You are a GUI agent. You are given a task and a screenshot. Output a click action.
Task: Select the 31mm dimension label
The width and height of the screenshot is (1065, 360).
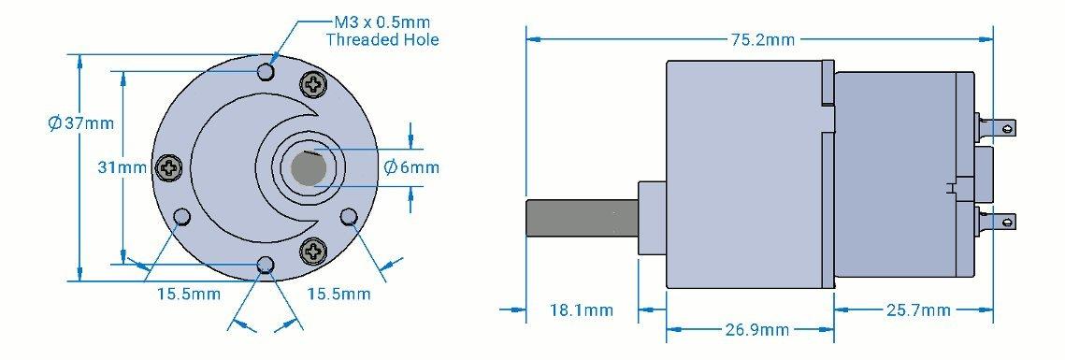(x=122, y=167)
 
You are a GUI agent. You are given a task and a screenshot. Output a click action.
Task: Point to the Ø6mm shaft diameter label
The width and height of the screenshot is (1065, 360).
(x=411, y=167)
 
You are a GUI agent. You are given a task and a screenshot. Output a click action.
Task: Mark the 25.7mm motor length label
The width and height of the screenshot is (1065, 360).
(x=918, y=310)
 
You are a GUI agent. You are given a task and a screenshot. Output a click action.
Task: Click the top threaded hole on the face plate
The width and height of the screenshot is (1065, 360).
(x=266, y=72)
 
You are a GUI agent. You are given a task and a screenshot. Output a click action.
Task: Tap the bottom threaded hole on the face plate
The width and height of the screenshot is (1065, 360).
(x=266, y=266)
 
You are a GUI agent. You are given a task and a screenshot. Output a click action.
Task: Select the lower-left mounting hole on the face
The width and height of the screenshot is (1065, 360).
(x=182, y=218)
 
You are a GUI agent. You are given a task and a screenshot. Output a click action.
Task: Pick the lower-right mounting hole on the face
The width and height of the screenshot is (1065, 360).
(x=350, y=218)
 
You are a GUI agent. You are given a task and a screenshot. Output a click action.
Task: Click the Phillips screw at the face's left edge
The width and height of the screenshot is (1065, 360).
(x=169, y=168)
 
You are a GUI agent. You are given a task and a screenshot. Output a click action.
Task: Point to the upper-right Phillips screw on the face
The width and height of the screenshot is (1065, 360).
(x=313, y=86)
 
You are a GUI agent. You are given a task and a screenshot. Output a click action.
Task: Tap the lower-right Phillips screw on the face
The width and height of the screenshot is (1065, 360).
(x=313, y=250)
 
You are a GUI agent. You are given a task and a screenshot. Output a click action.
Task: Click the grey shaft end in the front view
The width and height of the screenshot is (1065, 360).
(x=307, y=168)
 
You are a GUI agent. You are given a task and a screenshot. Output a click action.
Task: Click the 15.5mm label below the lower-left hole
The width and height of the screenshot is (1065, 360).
(x=188, y=295)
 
